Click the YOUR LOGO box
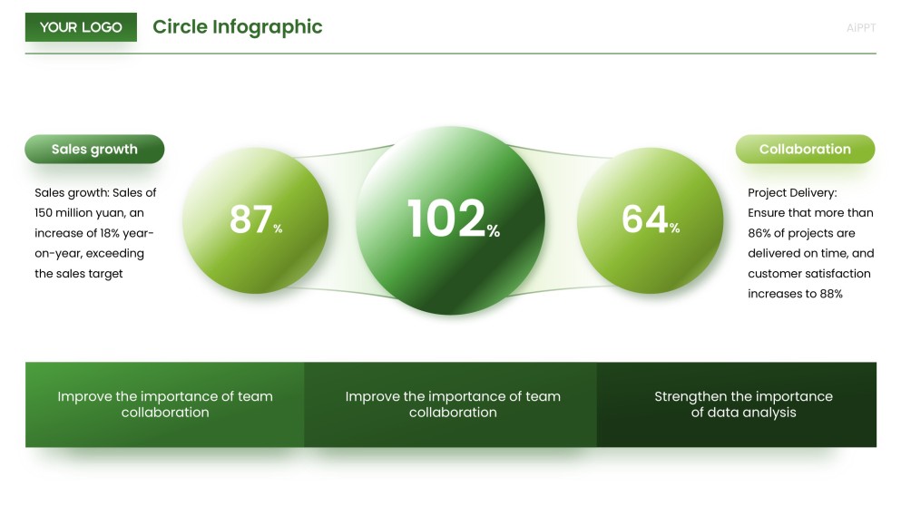pos(81,27)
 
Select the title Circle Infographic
pos(237,27)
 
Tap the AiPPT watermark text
pos(860,28)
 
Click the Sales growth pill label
pos(94,150)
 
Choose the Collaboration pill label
pos(805,150)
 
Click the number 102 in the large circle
pos(446,219)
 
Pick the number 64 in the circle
pos(644,219)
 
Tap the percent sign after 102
pos(494,231)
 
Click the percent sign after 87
pos(278,229)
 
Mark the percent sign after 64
pos(674,229)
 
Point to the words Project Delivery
pos(791,193)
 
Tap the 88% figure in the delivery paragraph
pos(832,294)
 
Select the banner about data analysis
pos(743,404)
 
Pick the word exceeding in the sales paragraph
pos(115,253)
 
